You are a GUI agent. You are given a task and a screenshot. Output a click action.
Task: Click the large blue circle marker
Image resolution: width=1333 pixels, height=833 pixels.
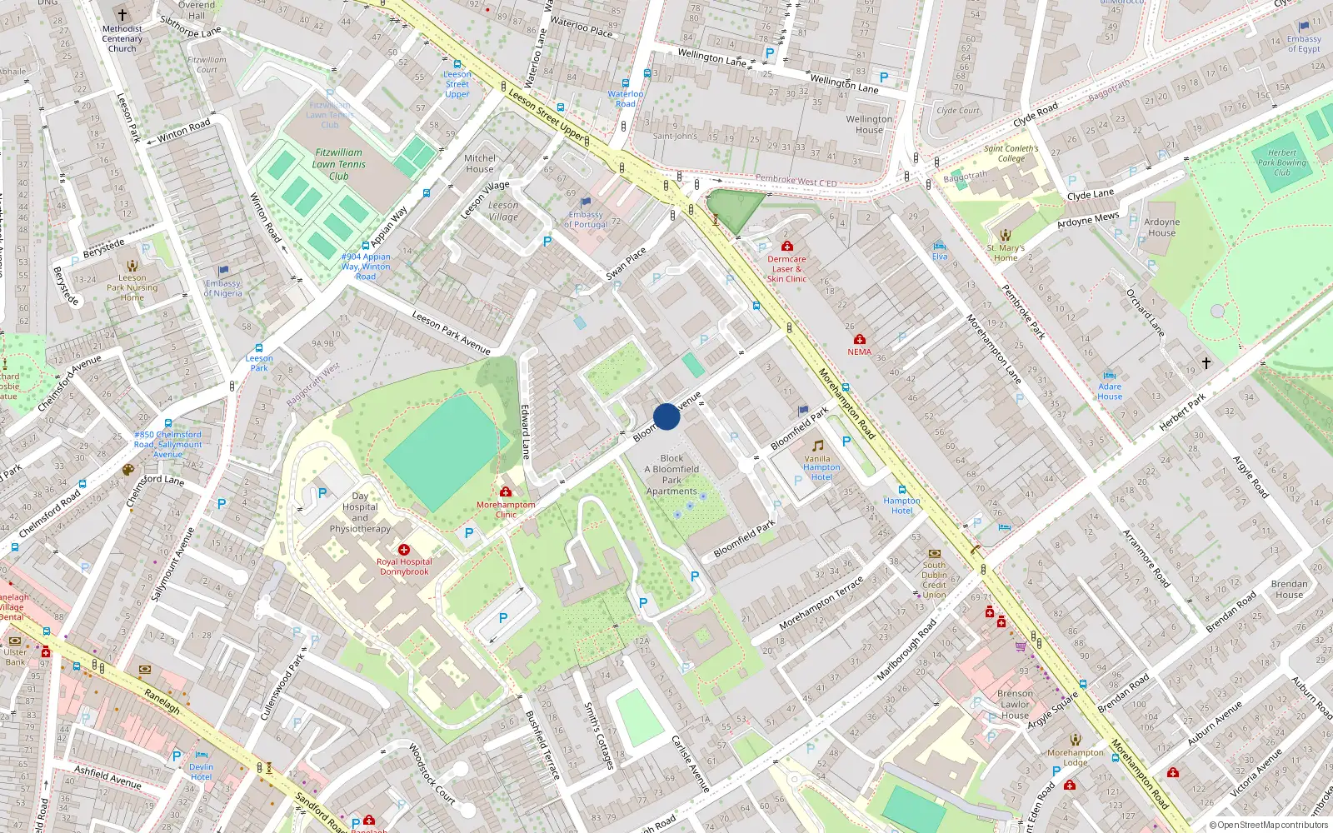(666, 416)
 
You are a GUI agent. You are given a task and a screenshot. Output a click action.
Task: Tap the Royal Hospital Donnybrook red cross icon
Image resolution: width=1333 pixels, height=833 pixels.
(404, 550)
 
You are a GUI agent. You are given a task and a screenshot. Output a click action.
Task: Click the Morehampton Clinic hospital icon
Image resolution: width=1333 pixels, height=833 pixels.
(506, 492)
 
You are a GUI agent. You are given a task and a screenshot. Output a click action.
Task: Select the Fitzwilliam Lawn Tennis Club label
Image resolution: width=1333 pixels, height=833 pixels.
(338, 164)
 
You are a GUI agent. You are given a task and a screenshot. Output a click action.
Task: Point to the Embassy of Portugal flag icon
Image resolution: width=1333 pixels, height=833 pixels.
(586, 202)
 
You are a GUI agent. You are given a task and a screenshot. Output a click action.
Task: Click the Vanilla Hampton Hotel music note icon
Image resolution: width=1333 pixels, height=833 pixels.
(818, 446)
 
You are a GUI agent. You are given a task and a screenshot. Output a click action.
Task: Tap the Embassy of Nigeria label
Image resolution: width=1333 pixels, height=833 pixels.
(223, 288)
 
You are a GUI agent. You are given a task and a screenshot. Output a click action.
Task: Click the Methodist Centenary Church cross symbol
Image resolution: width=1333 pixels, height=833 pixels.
(122, 15)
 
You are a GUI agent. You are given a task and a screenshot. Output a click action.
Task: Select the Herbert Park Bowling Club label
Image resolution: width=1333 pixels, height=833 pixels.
(1282, 162)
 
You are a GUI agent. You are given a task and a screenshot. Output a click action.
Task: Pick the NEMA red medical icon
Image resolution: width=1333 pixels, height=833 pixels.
(860, 339)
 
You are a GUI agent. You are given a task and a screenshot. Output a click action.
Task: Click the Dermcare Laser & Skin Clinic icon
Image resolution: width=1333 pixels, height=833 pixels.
(786, 246)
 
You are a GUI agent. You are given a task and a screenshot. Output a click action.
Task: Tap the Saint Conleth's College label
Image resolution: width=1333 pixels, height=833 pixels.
(1011, 153)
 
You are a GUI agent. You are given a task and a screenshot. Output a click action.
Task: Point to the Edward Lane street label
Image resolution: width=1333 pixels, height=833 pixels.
(526, 431)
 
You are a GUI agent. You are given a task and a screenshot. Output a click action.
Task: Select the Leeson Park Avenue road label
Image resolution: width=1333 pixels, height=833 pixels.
(451, 332)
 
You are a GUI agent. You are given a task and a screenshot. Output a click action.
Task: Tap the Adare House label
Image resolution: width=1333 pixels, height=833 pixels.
(1110, 392)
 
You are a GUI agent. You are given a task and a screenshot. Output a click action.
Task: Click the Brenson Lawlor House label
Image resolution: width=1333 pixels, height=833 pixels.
(1015, 704)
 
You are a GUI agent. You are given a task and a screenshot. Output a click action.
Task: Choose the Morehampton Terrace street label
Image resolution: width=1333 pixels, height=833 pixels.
(821, 604)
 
